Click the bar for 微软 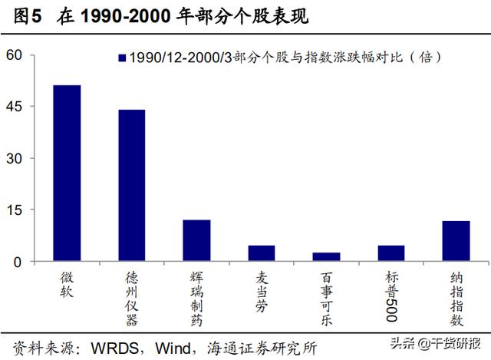[67, 173]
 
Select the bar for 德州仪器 [131, 186]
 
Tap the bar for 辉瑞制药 [196, 241]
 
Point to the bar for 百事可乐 [326, 257]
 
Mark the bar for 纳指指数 [456, 241]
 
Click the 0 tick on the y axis [20, 262]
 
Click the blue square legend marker [121, 58]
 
